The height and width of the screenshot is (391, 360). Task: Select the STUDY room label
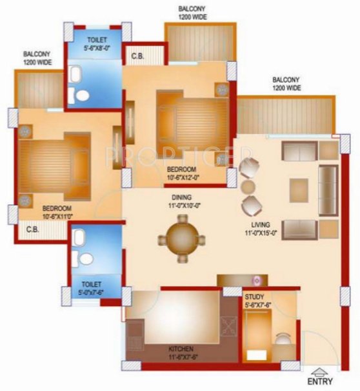coord(254,297)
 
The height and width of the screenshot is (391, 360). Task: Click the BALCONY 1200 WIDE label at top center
coord(192,13)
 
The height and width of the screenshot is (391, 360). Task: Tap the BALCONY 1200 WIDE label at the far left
coord(37,58)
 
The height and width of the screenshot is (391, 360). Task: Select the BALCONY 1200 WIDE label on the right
coord(286,83)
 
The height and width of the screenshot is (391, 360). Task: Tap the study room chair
coord(283,341)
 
